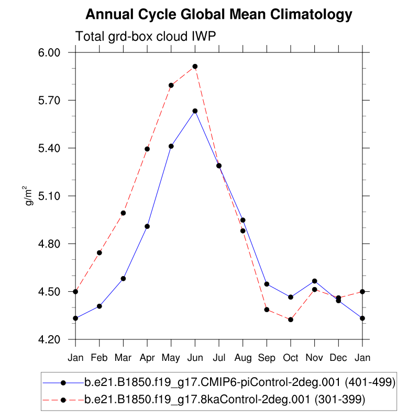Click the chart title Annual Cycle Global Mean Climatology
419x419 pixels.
pos(218,15)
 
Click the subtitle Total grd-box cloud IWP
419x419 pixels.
pos(146,37)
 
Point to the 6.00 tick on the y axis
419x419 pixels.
pos(58,52)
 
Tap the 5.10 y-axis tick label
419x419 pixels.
pos(58,196)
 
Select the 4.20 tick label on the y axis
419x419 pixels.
pos(58,339)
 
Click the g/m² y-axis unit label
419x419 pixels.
pos(30,195)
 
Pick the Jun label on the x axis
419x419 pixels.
pos(195,358)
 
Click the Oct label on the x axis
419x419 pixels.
pos(291,358)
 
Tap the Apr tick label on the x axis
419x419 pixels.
pos(147,358)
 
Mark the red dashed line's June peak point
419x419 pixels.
pos(195,67)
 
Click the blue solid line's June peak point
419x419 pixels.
pos(195,111)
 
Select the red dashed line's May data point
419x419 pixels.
pos(171,85)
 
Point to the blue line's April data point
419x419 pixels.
pos(147,226)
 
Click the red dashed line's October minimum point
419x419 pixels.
pos(291,319)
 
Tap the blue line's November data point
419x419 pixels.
pos(315,281)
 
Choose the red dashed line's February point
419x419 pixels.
pos(100,253)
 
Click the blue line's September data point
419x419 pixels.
pos(267,284)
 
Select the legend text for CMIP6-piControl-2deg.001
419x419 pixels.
pos(240,382)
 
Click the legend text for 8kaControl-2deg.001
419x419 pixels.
pos(224,400)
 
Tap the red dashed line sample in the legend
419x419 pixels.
pos(63,400)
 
